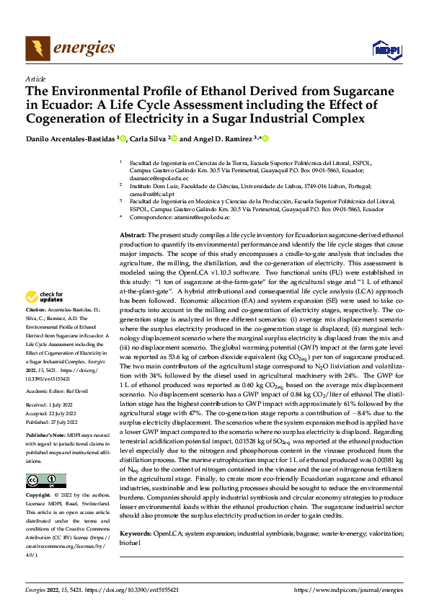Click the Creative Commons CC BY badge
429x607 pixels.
click(45, 481)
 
